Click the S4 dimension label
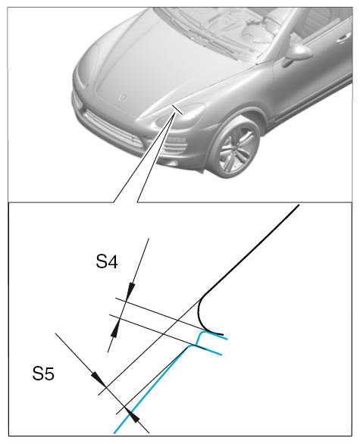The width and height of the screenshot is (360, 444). point(107,261)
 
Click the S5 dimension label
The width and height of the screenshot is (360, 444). point(43,374)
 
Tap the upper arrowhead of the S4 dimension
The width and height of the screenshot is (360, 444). point(130,292)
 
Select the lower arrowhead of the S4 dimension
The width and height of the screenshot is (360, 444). point(114,328)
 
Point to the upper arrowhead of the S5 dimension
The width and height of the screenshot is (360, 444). point(98,380)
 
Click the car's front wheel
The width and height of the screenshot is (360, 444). point(236,148)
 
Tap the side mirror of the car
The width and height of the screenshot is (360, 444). point(297,55)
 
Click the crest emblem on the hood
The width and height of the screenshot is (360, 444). point(122,97)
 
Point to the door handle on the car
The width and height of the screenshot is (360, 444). point(343,38)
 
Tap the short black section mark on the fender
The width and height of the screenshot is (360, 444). point(177,109)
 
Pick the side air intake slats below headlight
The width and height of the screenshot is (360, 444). point(177,145)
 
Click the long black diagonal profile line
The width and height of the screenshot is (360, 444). point(249,252)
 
